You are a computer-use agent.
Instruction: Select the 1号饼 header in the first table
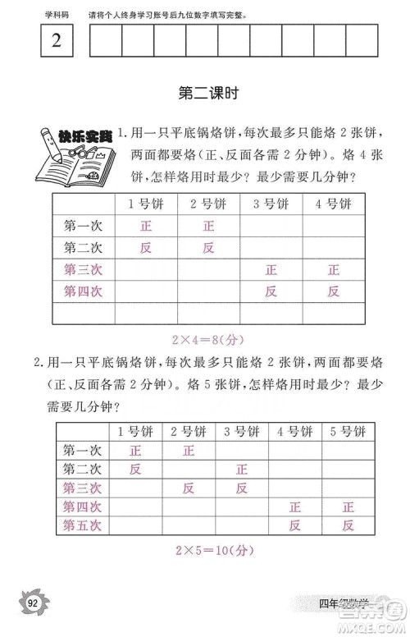pyautogui.click(x=147, y=204)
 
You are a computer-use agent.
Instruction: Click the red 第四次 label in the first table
pyautogui.click(x=83, y=290)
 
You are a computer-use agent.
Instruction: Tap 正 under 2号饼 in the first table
pyautogui.click(x=208, y=226)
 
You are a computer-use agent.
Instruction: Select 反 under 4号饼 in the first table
pyautogui.click(x=334, y=290)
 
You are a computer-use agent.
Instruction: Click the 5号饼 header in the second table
pyautogui.click(x=348, y=432)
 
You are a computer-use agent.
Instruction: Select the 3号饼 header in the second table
pyautogui.click(x=241, y=432)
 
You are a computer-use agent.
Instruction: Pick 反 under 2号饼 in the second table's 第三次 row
pyautogui.click(x=189, y=488)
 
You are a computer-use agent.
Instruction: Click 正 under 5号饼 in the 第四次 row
pyautogui.click(x=348, y=506)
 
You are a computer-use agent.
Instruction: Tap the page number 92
pyautogui.click(x=33, y=604)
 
